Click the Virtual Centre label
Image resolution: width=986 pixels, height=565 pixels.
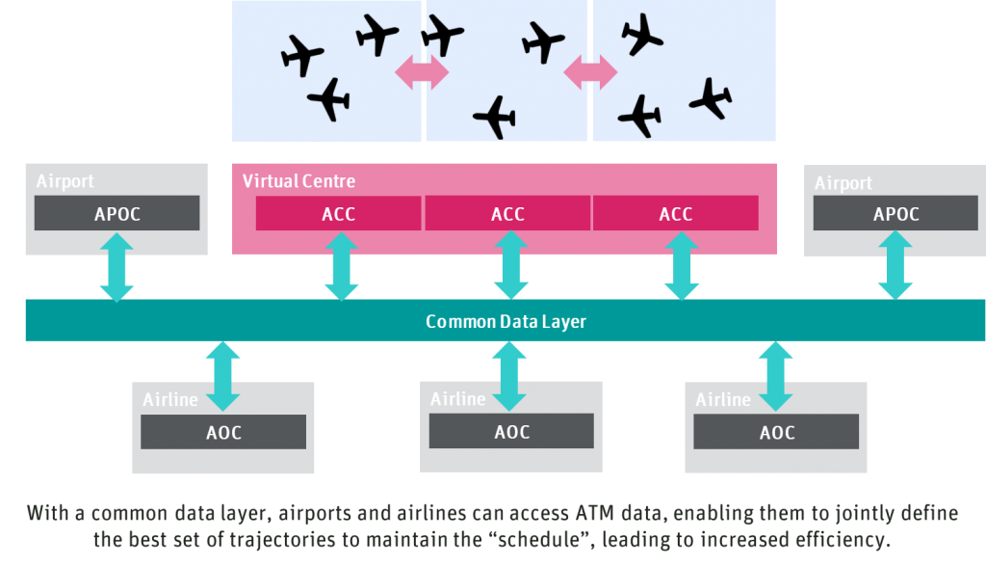pyautogui.click(x=298, y=181)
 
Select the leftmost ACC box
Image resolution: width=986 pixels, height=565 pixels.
pyautogui.click(x=338, y=214)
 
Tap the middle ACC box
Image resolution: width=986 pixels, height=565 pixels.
pyautogui.click(x=507, y=214)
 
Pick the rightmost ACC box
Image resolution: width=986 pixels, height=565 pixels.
pyautogui.click(x=675, y=214)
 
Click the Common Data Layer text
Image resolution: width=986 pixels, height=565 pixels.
pyautogui.click(x=506, y=321)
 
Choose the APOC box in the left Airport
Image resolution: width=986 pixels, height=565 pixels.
pyautogui.click(x=117, y=214)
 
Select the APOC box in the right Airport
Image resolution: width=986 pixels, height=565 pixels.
pyautogui.click(x=895, y=214)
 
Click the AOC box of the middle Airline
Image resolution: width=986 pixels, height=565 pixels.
pyautogui.click(x=511, y=433)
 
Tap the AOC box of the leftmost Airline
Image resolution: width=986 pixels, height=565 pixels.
pyautogui.click(x=223, y=433)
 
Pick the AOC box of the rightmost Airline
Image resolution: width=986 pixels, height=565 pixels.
pyautogui.click(x=776, y=433)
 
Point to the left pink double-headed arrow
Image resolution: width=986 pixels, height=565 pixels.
pyautogui.click(x=422, y=72)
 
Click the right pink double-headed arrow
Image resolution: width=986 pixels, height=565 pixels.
pyautogui.click(x=590, y=71)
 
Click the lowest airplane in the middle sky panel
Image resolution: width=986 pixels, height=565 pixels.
pyautogui.click(x=495, y=118)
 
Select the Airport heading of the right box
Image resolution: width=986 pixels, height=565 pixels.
pyautogui.click(x=843, y=183)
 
